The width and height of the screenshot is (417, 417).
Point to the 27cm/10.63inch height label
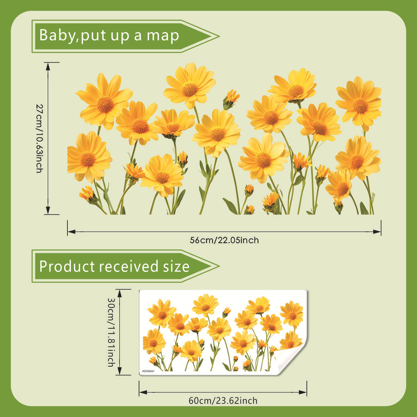click(40, 138)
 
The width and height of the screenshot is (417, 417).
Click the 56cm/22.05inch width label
click(224, 240)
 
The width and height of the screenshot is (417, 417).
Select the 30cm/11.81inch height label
click(111, 332)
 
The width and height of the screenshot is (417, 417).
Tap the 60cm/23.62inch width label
click(223, 401)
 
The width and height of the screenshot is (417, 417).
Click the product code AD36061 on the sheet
click(148, 371)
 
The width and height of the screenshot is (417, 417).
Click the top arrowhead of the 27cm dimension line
click(48, 66)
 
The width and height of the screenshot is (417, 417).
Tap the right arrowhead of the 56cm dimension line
click(377, 232)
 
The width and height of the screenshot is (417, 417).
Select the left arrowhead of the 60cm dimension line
click(143, 392)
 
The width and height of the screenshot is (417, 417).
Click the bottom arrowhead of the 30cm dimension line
click(119, 371)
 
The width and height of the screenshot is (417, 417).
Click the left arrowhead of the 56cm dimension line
click(71, 232)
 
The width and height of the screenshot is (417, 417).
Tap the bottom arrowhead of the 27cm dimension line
click(48, 211)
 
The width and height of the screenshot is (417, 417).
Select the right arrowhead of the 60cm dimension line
click(303, 392)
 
